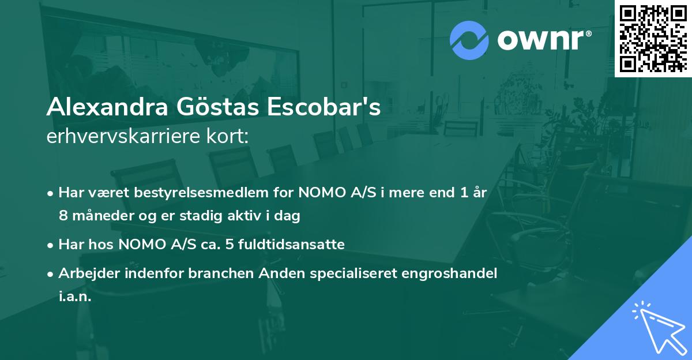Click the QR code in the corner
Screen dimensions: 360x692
click(653, 38)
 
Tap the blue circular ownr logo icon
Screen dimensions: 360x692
click(469, 41)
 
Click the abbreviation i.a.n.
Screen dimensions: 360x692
click(75, 297)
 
